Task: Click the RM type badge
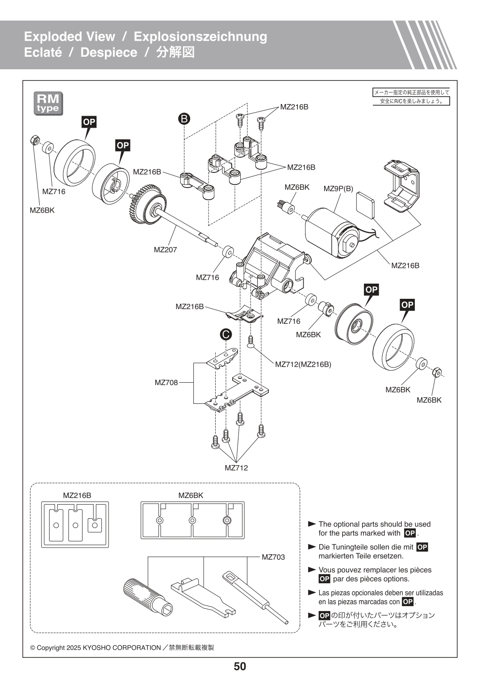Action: (48, 104)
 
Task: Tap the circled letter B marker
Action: (184, 118)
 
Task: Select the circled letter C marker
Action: (226, 334)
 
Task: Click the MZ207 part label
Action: (165, 250)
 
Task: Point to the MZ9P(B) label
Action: (338, 188)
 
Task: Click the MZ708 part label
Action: (166, 382)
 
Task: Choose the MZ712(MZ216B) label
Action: (303, 364)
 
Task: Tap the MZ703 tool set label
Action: (273, 557)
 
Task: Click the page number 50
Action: (240, 666)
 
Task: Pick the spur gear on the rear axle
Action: (144, 205)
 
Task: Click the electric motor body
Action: (328, 232)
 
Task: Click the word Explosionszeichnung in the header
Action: (200, 37)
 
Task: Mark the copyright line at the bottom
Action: (122, 648)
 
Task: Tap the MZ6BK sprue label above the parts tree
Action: (191, 495)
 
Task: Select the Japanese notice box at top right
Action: (411, 96)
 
